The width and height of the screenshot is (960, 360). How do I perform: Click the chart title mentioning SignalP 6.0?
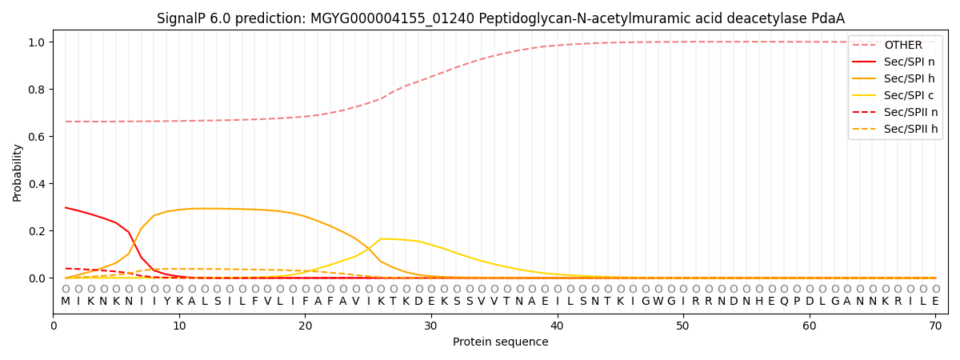click(x=500, y=18)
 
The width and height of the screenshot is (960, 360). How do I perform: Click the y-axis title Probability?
click(x=18, y=172)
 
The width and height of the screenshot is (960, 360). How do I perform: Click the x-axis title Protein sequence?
click(x=500, y=342)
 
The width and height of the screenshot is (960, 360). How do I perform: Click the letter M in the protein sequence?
click(x=66, y=302)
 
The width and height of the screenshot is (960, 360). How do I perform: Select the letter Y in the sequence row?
click(x=166, y=302)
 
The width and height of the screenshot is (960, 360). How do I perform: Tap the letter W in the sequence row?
click(x=658, y=302)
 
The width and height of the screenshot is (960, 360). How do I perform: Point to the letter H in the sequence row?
click(x=758, y=302)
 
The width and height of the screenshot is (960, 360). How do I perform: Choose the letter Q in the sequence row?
click(x=784, y=302)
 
